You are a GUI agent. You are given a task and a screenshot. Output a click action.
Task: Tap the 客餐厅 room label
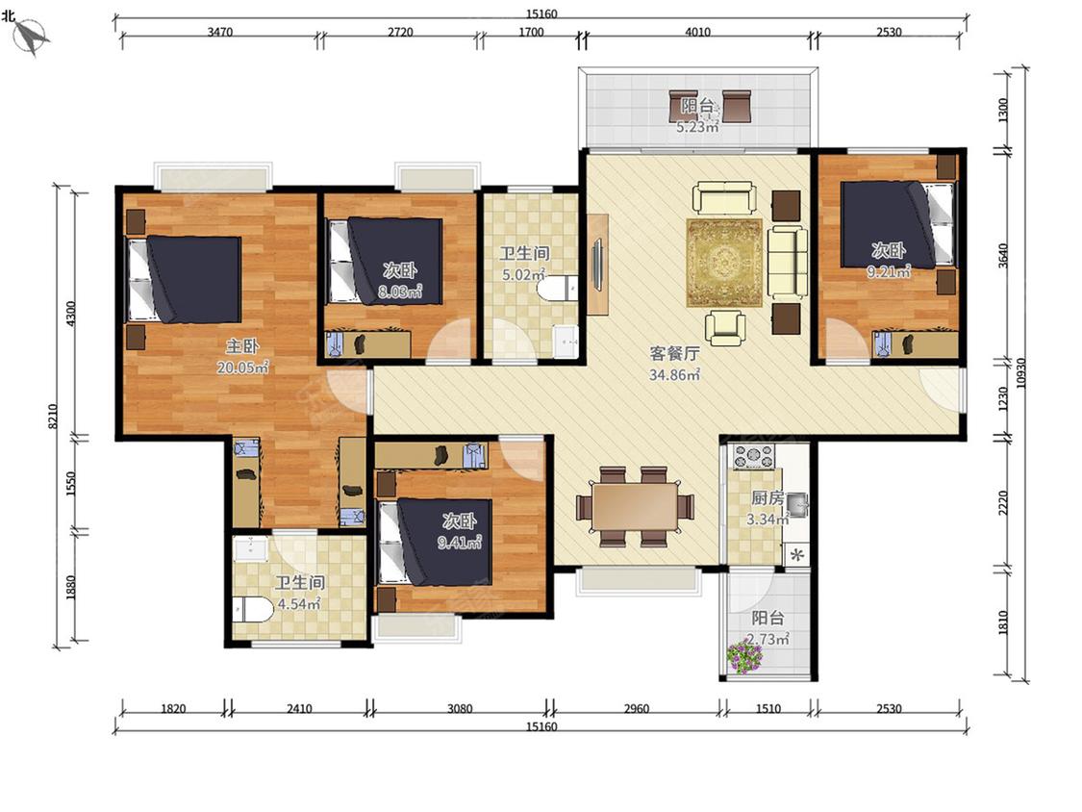[x=674, y=353]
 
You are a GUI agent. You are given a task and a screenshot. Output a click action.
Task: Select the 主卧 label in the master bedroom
[x=242, y=346]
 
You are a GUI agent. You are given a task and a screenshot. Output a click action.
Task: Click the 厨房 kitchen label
[x=767, y=497]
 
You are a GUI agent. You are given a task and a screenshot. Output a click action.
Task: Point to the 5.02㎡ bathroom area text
[x=524, y=274]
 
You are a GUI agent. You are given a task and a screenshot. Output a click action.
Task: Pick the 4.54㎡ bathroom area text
[x=299, y=604]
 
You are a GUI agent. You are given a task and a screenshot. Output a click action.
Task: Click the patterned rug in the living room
[x=724, y=263]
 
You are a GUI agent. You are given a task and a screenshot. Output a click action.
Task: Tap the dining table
[x=635, y=506]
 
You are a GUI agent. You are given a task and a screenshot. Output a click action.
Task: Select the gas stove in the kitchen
[x=754, y=456]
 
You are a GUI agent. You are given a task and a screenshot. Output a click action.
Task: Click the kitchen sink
[x=796, y=505]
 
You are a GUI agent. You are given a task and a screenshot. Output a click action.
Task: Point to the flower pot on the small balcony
[x=743, y=656]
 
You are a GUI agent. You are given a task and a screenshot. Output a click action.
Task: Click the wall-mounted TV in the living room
[x=596, y=265]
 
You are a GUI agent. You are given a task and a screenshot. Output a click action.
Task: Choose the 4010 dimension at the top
[x=697, y=32]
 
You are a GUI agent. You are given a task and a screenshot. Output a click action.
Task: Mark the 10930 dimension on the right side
[x=1021, y=373]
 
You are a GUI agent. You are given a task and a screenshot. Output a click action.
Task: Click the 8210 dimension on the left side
[x=53, y=417]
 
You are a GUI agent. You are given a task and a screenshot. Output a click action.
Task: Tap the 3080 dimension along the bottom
[x=460, y=709]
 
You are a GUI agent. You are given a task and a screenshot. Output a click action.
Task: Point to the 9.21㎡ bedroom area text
[x=888, y=272]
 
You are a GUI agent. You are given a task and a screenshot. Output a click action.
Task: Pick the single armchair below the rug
[x=725, y=326]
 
